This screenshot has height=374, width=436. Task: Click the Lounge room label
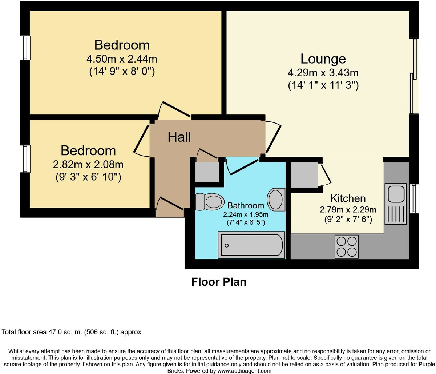coord(323,59)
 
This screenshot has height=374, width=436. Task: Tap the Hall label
coord(179,137)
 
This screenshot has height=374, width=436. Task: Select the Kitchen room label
coord(348,198)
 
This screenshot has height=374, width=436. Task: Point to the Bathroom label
coord(246,205)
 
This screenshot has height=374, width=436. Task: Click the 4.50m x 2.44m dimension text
coord(122,59)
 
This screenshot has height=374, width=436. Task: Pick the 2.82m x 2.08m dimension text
coord(88,164)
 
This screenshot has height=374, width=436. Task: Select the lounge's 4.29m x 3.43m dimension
coord(323,73)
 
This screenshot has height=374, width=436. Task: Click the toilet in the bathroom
coord(210,202)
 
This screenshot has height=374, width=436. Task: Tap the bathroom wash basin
coord(276,200)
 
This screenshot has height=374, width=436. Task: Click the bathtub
coord(251,245)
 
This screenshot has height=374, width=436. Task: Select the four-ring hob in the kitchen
coord(347,246)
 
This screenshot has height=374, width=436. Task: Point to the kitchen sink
coord(396,204)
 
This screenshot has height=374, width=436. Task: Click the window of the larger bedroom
coord(25,48)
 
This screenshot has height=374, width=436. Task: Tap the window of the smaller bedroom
coord(25,159)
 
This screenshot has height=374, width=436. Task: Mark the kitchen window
coord(414,198)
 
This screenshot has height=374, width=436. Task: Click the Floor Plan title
coord(219,282)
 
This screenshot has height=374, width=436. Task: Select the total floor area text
coord(72,332)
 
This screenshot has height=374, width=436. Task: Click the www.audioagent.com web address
coord(244,371)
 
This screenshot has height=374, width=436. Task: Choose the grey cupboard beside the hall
coord(207,172)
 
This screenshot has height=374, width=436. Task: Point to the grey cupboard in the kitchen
coord(304,175)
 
